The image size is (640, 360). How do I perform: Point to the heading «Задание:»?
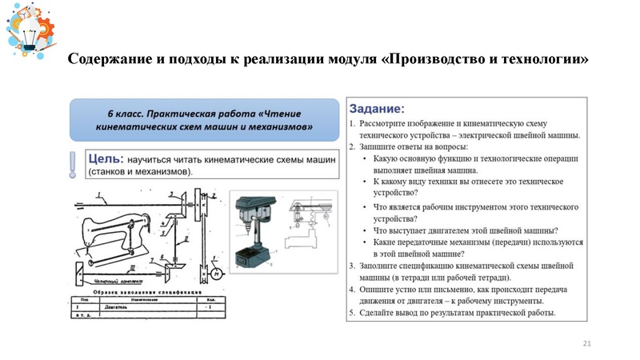(378, 108)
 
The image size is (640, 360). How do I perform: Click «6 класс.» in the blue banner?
(132, 113)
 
